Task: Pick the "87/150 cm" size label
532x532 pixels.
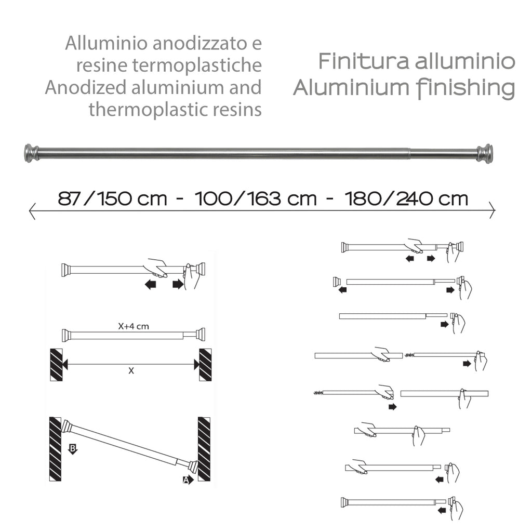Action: pyautogui.click(x=112, y=198)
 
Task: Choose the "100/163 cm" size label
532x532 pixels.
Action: pyautogui.click(x=255, y=198)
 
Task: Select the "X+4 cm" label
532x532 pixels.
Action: pyautogui.click(x=134, y=327)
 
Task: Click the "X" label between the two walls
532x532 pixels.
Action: pyautogui.click(x=131, y=371)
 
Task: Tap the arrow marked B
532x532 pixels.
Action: pyautogui.click(x=73, y=448)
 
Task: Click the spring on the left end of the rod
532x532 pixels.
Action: pyautogui.click(x=318, y=393)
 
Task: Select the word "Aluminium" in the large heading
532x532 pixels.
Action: pyautogui.click(x=340, y=88)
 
